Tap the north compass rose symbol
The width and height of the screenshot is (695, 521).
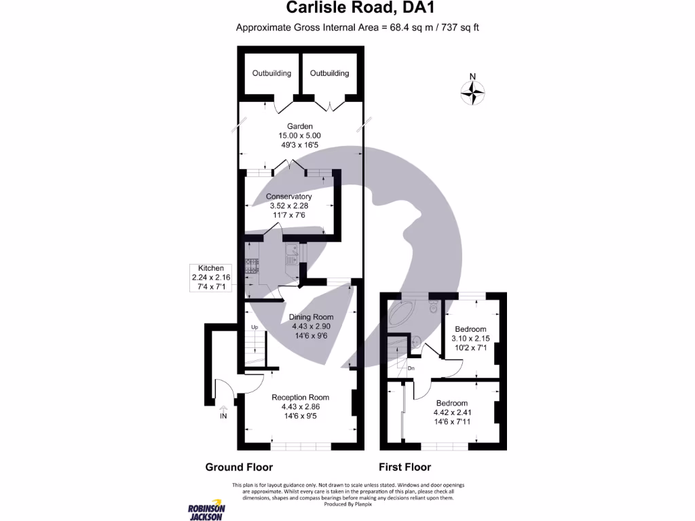(x=473, y=91)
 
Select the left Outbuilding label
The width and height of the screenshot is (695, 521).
(x=271, y=73)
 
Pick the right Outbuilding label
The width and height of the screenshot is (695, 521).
(x=329, y=73)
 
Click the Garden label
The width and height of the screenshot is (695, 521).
(x=299, y=126)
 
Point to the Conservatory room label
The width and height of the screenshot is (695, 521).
(x=288, y=197)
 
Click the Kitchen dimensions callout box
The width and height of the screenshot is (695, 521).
(x=210, y=278)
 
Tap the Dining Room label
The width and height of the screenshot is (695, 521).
(x=312, y=317)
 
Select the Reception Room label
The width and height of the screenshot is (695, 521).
(x=300, y=398)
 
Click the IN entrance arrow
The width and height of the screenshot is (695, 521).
(x=223, y=412)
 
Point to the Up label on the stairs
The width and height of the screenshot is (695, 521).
(x=255, y=328)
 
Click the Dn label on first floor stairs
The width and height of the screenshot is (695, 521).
(x=411, y=368)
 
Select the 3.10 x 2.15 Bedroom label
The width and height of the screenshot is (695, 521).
(x=470, y=330)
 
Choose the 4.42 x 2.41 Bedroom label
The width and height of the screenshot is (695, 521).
(x=451, y=403)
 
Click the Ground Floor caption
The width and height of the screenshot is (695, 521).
(x=239, y=467)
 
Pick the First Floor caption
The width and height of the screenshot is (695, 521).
(x=405, y=467)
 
